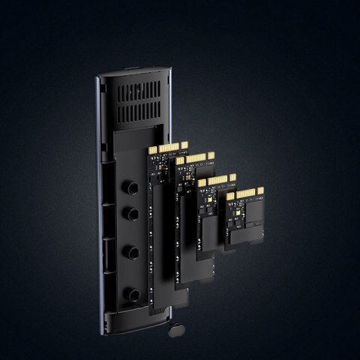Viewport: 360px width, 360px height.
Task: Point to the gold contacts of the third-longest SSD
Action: coord(217,180)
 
